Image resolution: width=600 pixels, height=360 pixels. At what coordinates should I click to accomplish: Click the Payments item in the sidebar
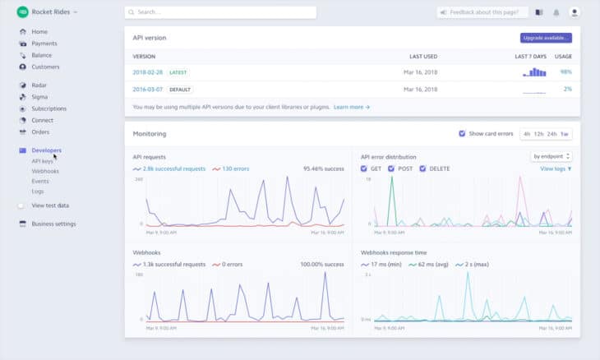tap(44, 44)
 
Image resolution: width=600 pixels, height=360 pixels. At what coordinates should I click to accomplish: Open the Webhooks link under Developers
tap(45, 171)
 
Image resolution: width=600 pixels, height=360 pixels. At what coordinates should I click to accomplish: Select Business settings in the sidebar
tap(53, 224)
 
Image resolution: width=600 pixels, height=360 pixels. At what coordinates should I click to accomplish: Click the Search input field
tap(220, 12)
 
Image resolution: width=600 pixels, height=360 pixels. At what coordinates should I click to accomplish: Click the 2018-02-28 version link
tap(148, 72)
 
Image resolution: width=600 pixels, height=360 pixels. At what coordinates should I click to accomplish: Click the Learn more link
tap(352, 107)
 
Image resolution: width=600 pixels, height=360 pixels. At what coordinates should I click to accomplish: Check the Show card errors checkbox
tap(462, 133)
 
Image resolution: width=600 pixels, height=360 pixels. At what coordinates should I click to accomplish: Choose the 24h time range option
tap(552, 133)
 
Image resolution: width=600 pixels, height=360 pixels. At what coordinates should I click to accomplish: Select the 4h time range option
tap(527, 133)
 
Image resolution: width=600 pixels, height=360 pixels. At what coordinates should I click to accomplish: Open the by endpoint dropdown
tap(552, 156)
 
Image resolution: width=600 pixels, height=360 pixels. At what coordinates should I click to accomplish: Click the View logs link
tap(555, 168)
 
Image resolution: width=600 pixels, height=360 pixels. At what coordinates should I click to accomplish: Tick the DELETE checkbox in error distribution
tap(423, 168)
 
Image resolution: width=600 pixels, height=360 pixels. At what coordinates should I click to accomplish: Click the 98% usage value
tap(565, 72)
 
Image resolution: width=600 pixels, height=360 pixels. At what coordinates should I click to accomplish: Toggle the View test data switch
tap(21, 205)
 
